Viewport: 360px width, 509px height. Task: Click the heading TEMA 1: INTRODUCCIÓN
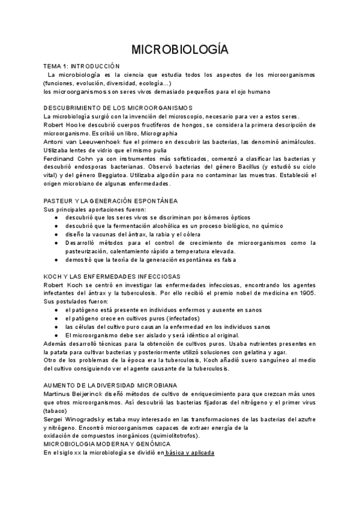(82, 66)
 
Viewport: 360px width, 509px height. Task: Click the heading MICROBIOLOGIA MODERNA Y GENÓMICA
(107, 444)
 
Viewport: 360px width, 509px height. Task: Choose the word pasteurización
(91, 251)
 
